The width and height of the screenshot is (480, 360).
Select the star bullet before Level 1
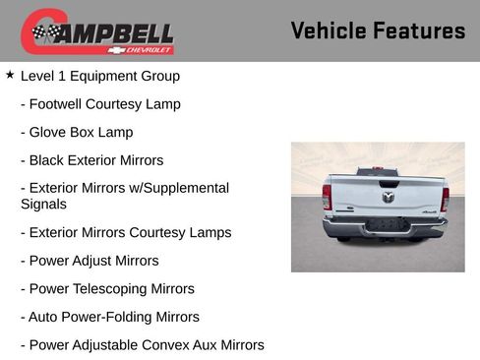(10, 75)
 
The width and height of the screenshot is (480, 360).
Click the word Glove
(50, 132)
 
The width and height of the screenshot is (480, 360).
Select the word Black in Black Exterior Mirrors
(48, 160)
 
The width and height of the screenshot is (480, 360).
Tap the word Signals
(43, 205)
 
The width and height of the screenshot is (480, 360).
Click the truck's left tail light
(327, 198)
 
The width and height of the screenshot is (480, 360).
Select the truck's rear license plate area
(387, 225)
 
